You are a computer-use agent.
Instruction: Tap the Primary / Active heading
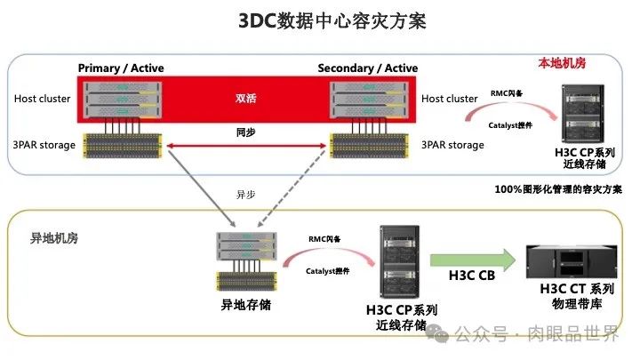(121, 68)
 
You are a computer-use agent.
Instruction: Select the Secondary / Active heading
(367, 68)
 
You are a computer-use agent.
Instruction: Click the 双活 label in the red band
(245, 99)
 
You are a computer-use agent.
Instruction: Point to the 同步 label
(245, 131)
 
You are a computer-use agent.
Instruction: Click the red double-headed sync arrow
(245, 143)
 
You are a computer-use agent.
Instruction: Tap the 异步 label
(245, 193)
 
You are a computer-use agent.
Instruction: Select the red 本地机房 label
(564, 64)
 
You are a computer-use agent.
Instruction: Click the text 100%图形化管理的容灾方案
(557, 189)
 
